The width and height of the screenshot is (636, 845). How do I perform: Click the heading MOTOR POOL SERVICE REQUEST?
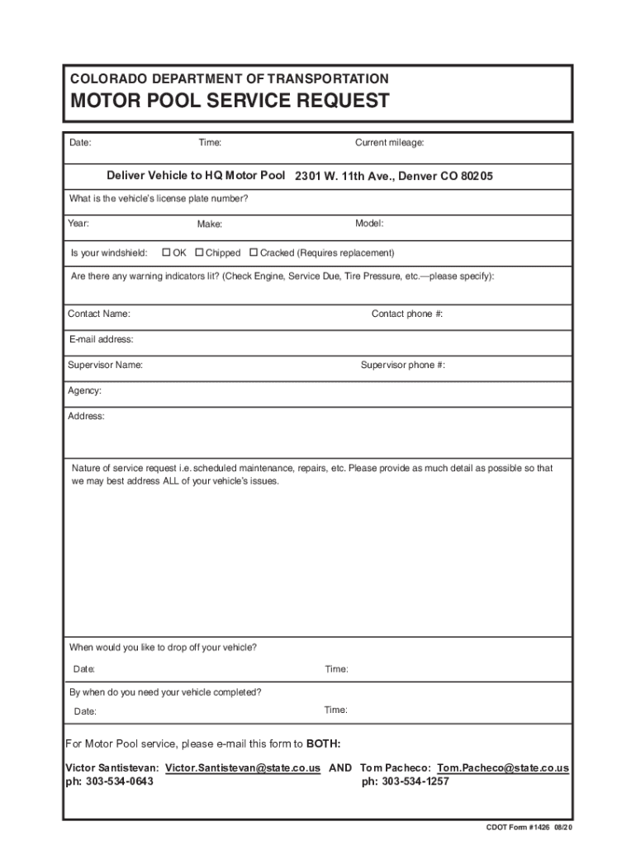coord(230,101)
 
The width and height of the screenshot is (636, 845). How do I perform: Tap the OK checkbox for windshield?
coord(166,253)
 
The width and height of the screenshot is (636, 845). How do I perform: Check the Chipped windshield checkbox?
coord(199,253)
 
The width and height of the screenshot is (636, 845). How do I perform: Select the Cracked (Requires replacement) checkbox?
coord(254,253)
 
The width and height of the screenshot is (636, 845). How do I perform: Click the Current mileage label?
coord(389,143)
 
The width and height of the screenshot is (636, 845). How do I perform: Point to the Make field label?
coord(209,224)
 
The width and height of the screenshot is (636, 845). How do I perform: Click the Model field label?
coord(369,224)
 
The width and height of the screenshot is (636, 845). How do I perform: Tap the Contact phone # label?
coord(407,314)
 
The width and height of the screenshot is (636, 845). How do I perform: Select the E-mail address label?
coord(100,339)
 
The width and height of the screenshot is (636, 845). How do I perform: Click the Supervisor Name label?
coord(105,365)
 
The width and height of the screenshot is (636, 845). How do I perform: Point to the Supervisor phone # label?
coord(403,365)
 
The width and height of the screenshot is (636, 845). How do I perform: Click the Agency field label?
coord(84,390)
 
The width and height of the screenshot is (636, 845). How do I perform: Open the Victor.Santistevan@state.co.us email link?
coord(243,767)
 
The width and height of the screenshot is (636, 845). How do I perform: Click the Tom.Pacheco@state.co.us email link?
coord(502,767)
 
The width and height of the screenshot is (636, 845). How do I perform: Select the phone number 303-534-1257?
coord(415,781)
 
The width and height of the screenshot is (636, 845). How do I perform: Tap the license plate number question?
coord(158,199)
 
